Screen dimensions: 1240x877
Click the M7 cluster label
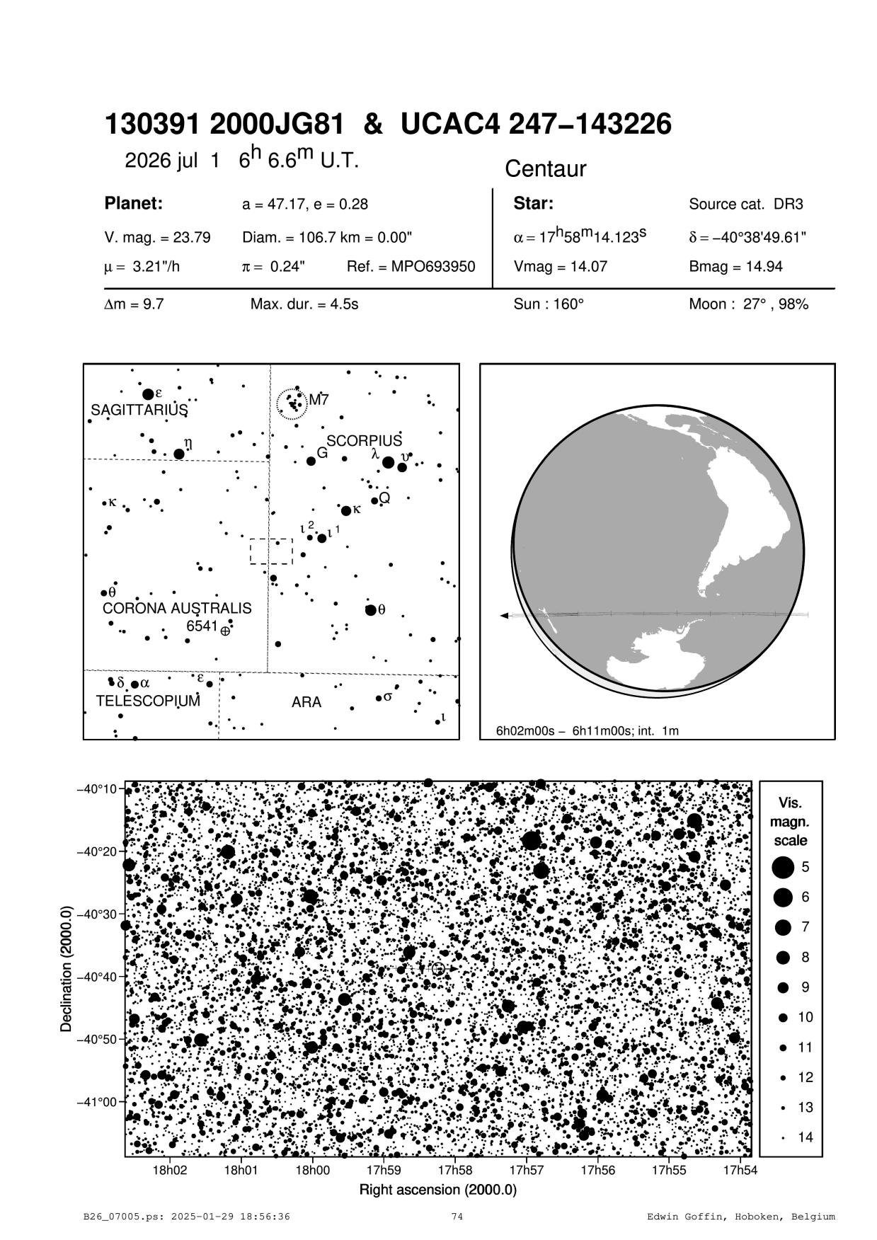pos(319,400)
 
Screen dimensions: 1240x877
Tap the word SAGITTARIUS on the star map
pos(139,410)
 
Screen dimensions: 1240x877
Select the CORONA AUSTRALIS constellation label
pos(177,609)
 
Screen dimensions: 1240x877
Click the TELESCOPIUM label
pos(148,701)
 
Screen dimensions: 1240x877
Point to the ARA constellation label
pos(306,702)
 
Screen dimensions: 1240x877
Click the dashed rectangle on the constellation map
pos(271,551)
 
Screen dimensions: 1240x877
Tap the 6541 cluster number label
pos(202,626)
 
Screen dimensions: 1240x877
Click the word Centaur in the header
pos(546,169)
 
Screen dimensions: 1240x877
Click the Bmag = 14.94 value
pos(735,267)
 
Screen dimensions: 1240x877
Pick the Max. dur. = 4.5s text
pos(304,305)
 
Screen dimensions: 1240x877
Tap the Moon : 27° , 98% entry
pos(748,305)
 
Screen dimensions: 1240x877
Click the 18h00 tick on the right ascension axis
pos(312,1171)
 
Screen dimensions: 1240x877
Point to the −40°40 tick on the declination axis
pos(98,977)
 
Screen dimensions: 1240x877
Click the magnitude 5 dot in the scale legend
pos(783,866)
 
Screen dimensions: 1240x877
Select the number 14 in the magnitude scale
pos(805,1137)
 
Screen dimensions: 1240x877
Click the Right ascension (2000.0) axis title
pos(438,1190)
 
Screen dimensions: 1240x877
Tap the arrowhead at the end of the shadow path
pos(503,616)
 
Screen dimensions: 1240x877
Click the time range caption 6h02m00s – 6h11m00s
pos(587,730)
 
